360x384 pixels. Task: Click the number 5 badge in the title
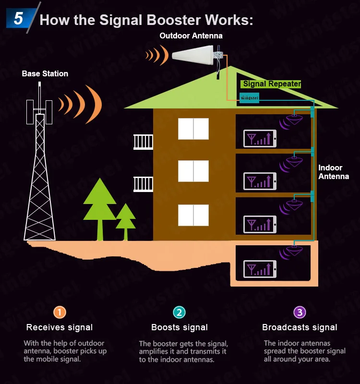coord(19,19)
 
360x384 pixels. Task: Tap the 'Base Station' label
coord(45,74)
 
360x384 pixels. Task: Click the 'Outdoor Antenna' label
coord(191,36)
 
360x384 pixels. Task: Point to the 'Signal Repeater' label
coord(272,84)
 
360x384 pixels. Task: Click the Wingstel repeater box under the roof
coord(249,97)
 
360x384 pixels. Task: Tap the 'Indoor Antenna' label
coord(333,172)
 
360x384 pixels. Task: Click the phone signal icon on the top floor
coord(260,139)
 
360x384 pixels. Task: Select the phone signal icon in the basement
coord(260,269)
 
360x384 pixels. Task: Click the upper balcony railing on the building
coord(143,142)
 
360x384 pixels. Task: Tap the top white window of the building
coord(193,128)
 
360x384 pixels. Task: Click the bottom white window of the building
coord(193,216)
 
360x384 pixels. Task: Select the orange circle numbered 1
coord(59,312)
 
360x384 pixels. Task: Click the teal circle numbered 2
coord(179,312)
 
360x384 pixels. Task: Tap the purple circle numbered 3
coord(300,312)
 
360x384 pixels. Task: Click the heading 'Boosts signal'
coord(180,327)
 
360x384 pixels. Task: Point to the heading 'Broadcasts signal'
coord(300,327)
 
